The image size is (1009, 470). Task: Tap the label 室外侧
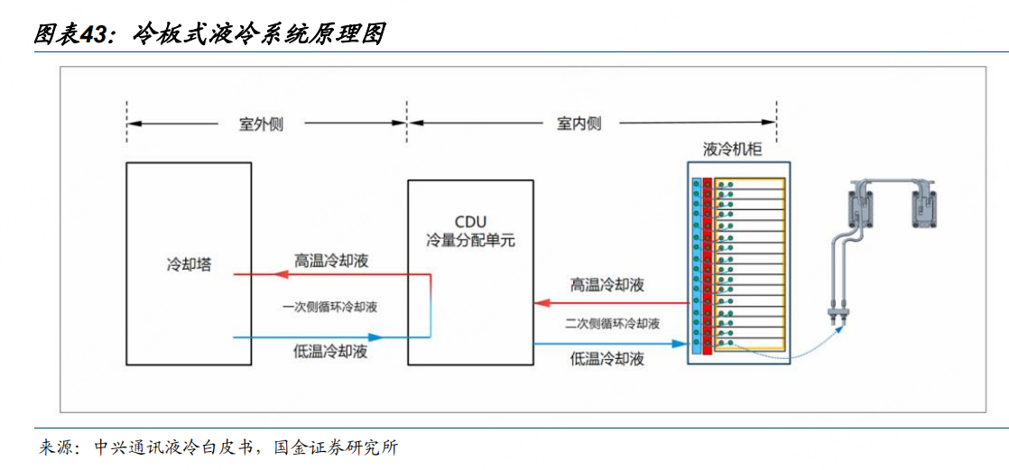click(x=261, y=124)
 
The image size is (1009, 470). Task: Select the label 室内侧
click(x=579, y=124)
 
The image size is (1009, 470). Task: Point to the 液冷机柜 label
click(x=733, y=150)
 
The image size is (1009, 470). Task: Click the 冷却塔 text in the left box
click(x=189, y=266)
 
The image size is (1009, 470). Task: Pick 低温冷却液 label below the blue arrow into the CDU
click(x=331, y=352)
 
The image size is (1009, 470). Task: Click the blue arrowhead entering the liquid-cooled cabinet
click(x=680, y=343)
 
